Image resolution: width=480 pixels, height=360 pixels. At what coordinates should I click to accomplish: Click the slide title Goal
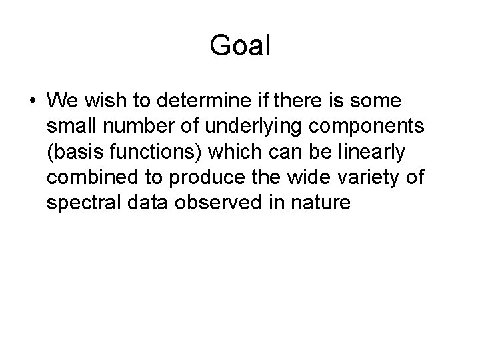pos(240,46)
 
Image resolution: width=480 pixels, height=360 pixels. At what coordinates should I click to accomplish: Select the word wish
pos(103,101)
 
